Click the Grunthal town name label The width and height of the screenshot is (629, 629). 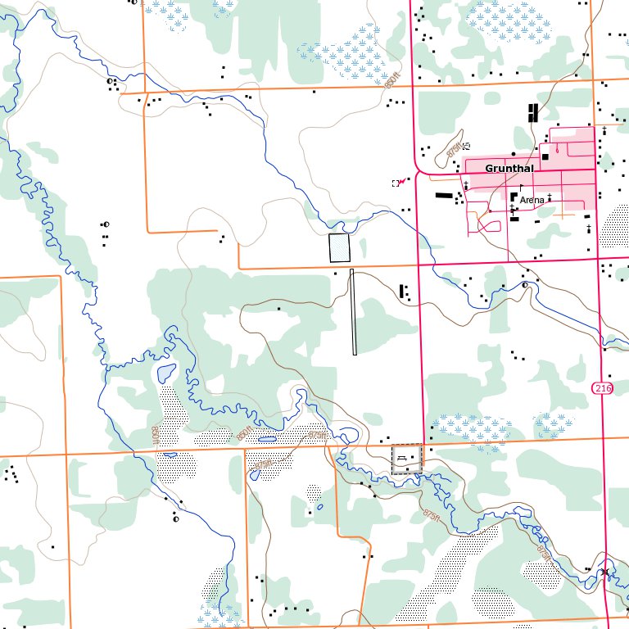pos(509,169)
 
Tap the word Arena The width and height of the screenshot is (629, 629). pos(532,200)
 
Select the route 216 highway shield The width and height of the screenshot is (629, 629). pos(603,387)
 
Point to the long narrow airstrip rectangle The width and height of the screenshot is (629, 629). pos(354,312)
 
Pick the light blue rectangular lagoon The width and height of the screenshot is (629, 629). pos(338,247)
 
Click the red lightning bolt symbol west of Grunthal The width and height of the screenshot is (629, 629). pos(401,182)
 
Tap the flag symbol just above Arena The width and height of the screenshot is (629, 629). pos(521,188)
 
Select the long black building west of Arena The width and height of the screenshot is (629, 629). pos(443,196)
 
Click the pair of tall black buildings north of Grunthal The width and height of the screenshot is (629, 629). pos(533,112)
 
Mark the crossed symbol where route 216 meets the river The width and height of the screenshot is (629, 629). pos(604,572)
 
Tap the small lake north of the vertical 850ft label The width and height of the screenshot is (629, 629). pos(165,374)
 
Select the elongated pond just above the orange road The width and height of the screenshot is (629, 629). pos(267,439)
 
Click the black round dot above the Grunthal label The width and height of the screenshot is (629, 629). pos(513,154)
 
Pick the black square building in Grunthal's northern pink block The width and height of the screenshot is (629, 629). pos(545,156)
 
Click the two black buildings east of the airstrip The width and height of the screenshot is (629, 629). pos(403,291)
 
